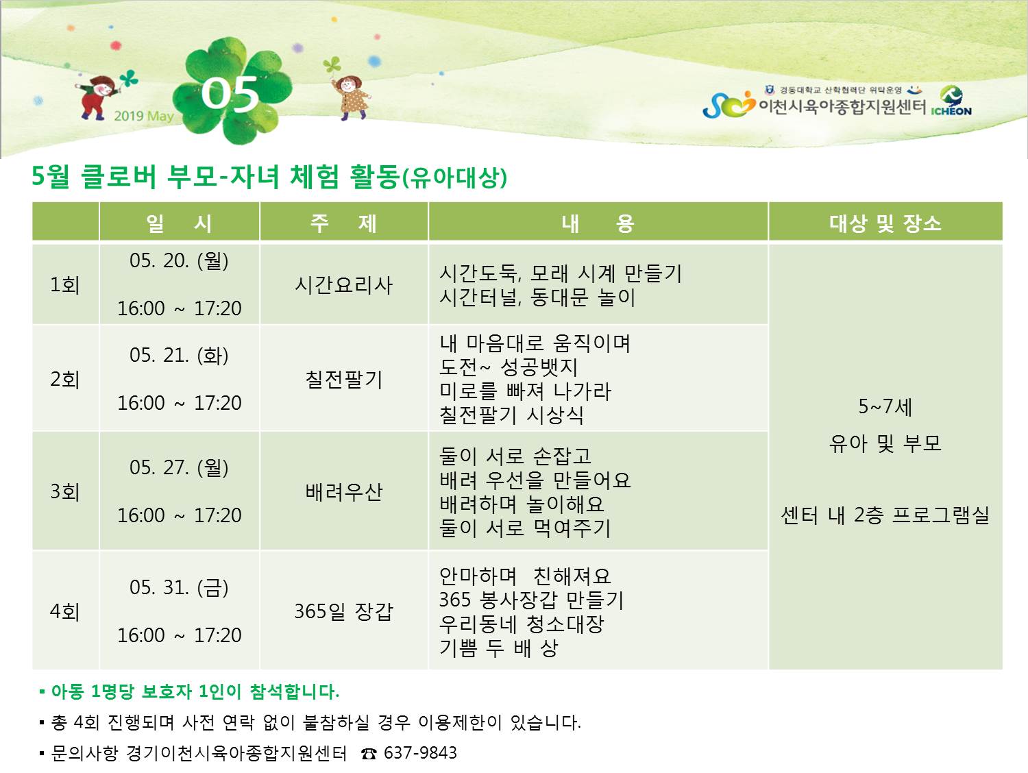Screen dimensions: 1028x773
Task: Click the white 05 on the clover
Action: point(230,94)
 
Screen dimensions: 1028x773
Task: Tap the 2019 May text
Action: point(144,116)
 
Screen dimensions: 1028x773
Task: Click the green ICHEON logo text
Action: point(951,111)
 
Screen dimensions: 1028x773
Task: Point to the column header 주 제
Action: point(344,223)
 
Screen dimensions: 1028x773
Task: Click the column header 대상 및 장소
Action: point(885,223)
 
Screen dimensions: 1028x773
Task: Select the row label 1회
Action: point(65,284)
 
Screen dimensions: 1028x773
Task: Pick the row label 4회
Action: point(65,611)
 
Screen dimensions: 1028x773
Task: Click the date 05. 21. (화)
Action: point(179,356)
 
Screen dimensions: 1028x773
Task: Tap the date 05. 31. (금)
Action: point(179,587)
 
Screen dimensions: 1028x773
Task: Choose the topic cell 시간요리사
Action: point(344,284)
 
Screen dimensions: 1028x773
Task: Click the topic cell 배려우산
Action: point(344,491)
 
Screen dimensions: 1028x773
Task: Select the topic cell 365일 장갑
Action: point(344,611)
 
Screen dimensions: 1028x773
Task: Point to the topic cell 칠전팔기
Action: point(344,379)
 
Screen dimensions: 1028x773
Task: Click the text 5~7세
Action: point(885,406)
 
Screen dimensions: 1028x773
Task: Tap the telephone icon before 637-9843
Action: point(369,754)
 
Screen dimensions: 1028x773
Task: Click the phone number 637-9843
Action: point(420,753)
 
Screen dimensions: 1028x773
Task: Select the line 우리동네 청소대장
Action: point(522,624)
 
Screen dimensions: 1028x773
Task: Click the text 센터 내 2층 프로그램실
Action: point(885,515)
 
